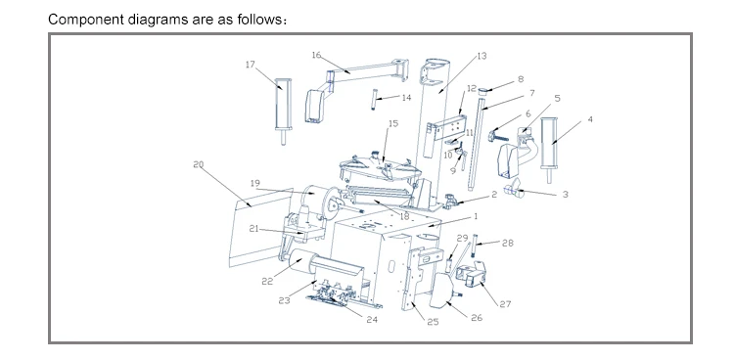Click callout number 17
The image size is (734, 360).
coord(250,65)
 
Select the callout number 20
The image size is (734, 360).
coord(199,164)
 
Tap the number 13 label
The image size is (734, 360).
coord(482,56)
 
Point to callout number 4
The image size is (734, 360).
coord(590,119)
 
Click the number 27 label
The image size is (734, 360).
coord(505,304)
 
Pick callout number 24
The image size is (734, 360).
coord(372,320)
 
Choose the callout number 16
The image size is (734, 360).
coord(316,55)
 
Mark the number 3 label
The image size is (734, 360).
coord(565,195)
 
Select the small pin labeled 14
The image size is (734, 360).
coord(374,99)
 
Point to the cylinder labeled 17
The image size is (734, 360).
coord(283,111)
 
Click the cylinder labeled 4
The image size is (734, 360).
coord(550,149)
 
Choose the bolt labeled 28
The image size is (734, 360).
coord(475,246)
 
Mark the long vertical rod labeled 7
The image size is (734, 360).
coord(475,142)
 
